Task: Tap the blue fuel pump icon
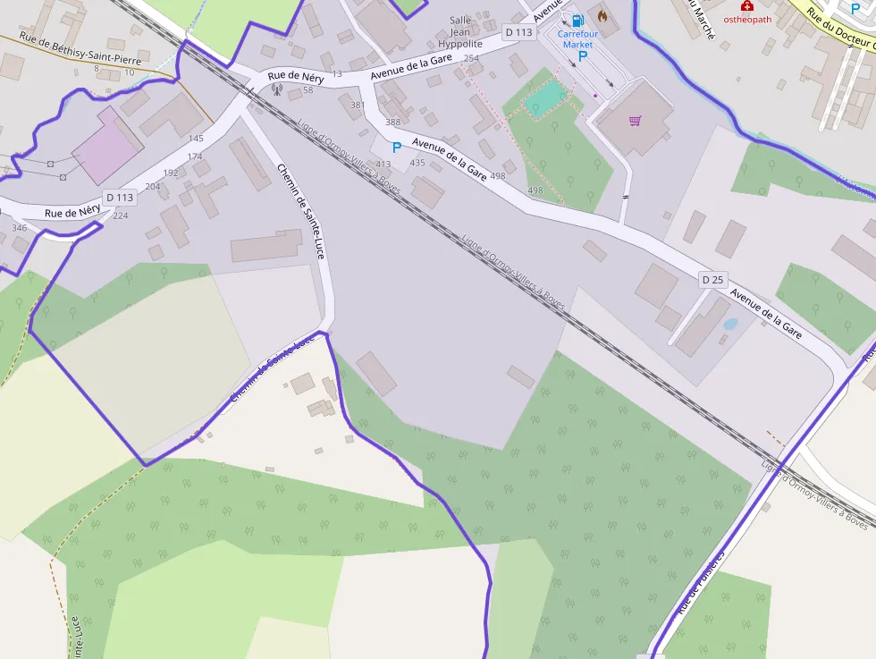pos(577,19)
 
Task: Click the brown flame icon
pos(602,16)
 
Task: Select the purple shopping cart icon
pos(636,121)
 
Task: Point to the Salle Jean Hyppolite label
pos(460,31)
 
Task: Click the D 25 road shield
pos(712,280)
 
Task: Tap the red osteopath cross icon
pos(746,5)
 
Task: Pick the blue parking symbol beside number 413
pos(397,148)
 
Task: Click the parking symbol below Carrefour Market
pos(584,56)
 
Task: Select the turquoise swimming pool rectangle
pos(546,97)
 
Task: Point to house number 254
pos(471,58)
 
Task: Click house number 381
pos(358,105)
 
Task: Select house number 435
pos(417,163)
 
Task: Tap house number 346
pos(19,228)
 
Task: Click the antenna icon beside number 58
pos(276,89)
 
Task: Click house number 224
pos(120,215)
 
